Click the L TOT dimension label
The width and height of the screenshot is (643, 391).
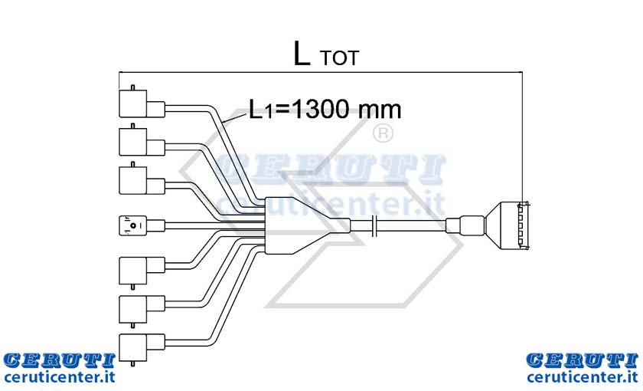326,54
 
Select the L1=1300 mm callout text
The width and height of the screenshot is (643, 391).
325,109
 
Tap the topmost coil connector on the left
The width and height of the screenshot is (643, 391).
142,104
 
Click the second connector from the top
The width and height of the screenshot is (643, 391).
142,142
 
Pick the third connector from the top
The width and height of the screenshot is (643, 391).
142,180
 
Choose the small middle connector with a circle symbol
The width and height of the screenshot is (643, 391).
142,225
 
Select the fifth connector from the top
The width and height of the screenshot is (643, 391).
142,271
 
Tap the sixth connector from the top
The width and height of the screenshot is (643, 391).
142,309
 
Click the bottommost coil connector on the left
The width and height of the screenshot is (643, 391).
142,347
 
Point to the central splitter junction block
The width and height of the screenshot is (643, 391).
308,225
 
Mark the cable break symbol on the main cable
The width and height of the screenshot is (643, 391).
374,225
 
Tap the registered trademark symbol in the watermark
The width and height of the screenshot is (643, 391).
383,133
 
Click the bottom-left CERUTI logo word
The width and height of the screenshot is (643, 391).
59,360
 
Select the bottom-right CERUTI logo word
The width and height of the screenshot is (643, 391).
583,360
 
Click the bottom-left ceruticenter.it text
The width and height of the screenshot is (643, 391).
59,376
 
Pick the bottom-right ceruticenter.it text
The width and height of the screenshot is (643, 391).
583,376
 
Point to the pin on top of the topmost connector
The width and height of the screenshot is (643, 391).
132,87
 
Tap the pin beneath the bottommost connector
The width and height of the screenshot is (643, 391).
132,364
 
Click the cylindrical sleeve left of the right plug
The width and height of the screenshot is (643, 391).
465,225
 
